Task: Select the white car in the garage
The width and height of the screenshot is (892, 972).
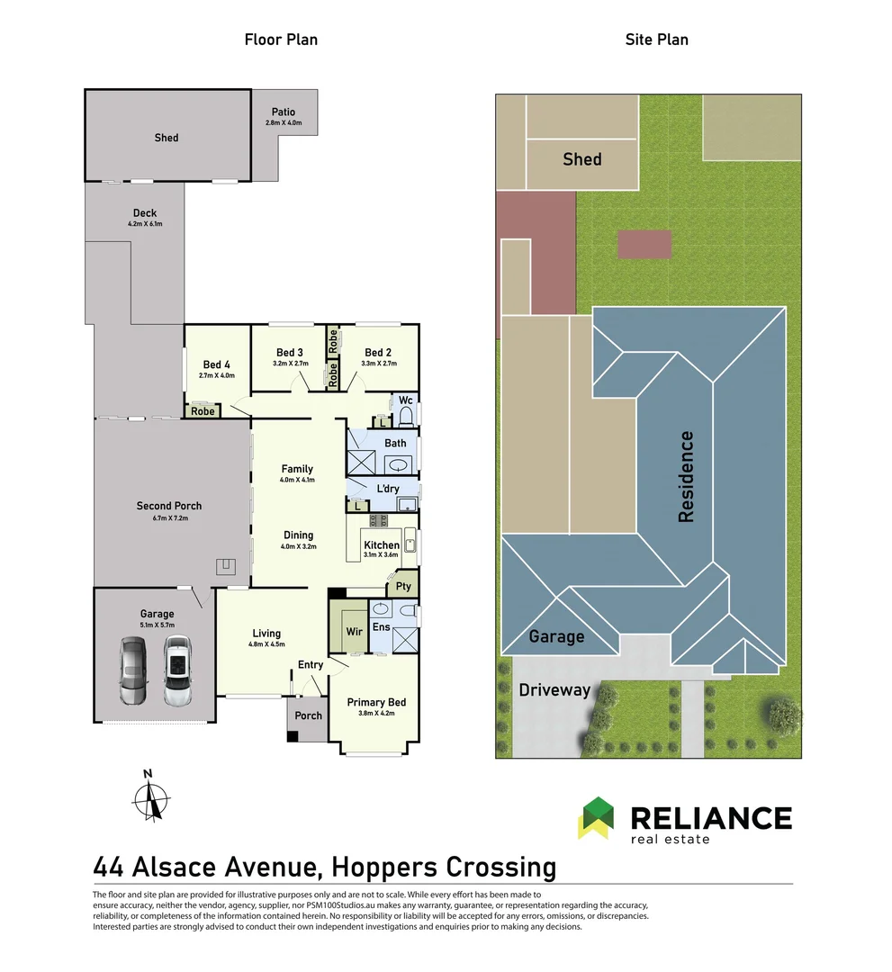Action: tap(177, 671)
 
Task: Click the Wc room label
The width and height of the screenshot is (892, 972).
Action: tap(405, 400)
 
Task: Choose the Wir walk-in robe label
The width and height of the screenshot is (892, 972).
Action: tap(355, 632)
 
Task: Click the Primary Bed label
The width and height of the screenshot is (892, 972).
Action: tap(377, 702)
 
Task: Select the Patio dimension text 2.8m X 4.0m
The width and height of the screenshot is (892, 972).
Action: tap(284, 122)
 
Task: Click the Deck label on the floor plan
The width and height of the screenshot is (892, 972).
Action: tap(145, 213)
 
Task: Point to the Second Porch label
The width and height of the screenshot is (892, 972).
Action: tap(169, 506)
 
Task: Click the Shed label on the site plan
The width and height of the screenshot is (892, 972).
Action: tap(581, 159)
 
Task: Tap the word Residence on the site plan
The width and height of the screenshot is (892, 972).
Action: tap(686, 477)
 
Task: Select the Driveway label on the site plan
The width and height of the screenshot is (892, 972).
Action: tap(554, 690)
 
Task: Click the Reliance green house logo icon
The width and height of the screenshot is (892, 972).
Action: tap(595, 817)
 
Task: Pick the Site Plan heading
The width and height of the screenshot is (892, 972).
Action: tap(656, 40)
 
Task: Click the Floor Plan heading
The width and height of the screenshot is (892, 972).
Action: tap(281, 40)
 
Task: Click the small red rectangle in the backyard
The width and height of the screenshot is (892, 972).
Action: tap(644, 244)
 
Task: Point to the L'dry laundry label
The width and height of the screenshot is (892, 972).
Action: tap(388, 488)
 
